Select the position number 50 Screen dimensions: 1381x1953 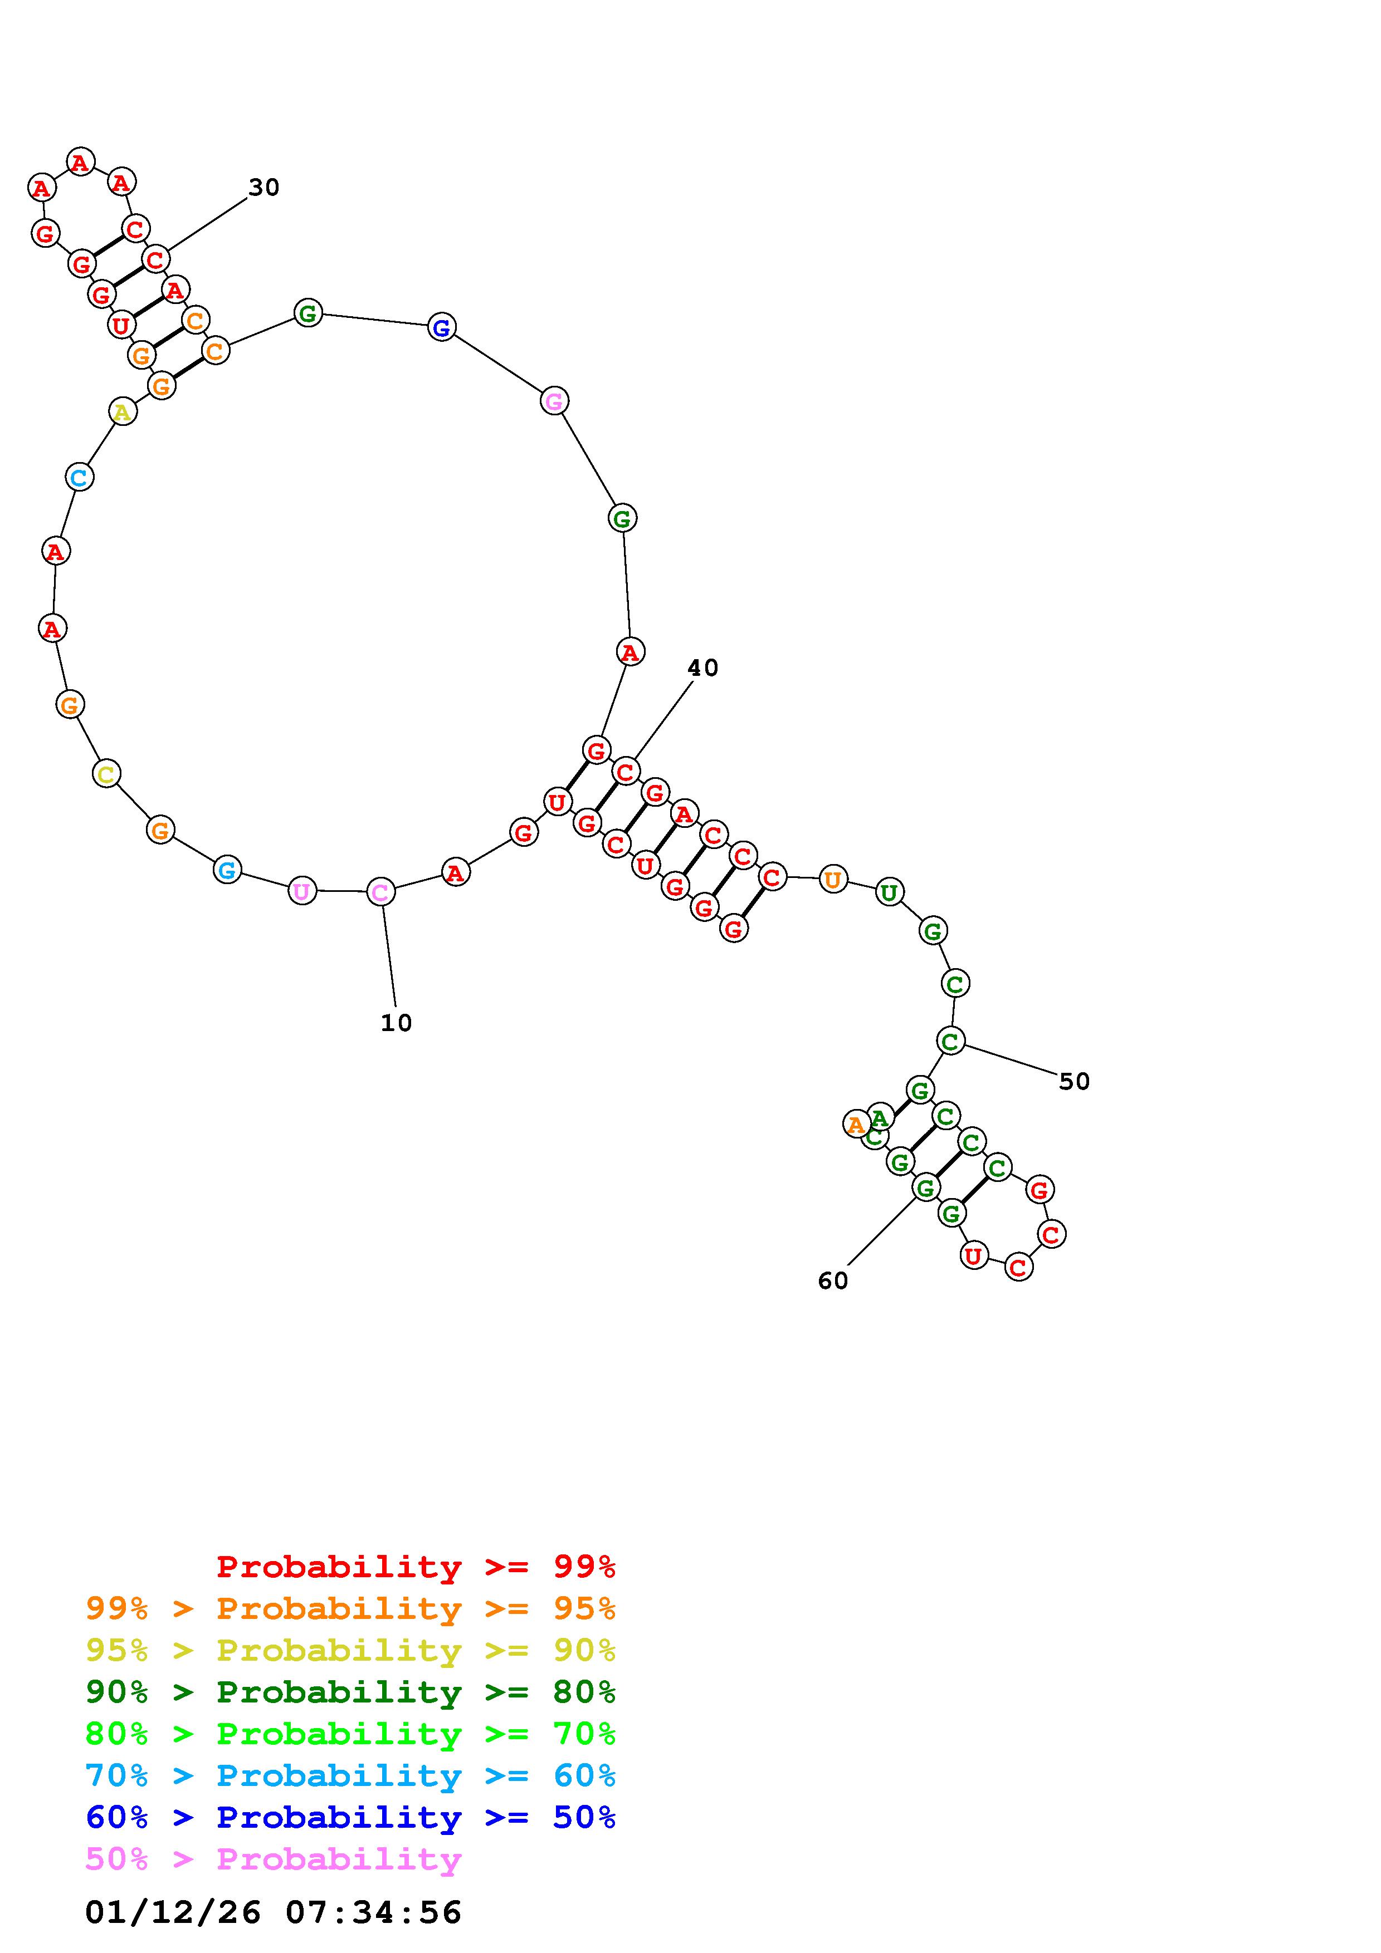coord(1074,1081)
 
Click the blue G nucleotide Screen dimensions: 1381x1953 coord(441,327)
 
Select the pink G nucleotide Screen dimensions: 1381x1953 coord(554,401)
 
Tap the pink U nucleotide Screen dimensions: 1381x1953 coord(302,891)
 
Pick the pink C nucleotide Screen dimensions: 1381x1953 coord(380,892)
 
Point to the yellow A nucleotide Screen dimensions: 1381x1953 coord(123,411)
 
